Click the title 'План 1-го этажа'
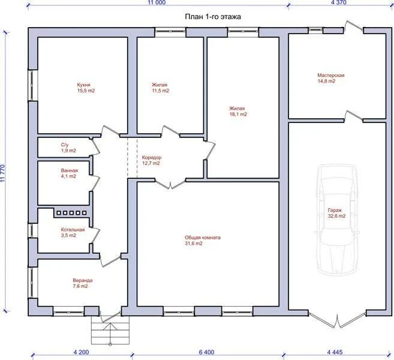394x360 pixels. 213,17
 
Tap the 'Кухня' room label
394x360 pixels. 83,85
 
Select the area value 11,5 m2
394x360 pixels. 160,91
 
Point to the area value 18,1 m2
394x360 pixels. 238,115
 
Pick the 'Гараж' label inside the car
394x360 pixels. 335,210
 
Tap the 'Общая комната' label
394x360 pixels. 203,238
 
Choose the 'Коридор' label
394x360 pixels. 152,158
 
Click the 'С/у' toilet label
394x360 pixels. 65,145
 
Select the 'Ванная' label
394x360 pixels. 70,170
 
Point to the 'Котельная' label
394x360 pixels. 73,230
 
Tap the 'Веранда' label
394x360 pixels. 83,280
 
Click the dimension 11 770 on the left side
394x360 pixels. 3,173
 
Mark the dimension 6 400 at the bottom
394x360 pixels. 206,352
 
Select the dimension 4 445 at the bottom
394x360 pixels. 335,352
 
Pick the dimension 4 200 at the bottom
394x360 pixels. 81,352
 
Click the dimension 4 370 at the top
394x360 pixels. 339,2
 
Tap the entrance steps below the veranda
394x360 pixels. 110,331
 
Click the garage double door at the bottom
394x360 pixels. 337,320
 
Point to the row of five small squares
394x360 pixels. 71,213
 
